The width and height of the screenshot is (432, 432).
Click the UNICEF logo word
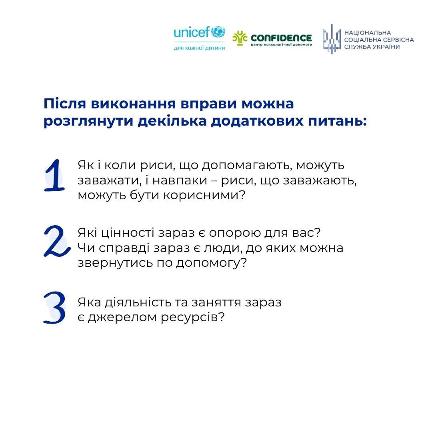click(x=192, y=33)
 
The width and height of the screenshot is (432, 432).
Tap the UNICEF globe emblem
click(x=218, y=32)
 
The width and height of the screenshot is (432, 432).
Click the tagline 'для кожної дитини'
click(x=199, y=48)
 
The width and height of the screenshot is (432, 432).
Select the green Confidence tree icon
click(x=240, y=39)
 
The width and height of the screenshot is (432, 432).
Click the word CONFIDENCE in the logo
click(x=281, y=38)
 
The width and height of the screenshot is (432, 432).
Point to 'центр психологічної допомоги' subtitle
click(x=281, y=44)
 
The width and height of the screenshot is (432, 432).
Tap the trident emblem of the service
click(x=331, y=39)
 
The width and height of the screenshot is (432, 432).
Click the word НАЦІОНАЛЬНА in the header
click(x=368, y=33)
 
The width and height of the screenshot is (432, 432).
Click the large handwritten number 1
click(x=54, y=176)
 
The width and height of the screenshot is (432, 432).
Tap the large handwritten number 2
click(x=54, y=241)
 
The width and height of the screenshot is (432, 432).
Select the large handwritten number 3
click(x=54, y=307)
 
